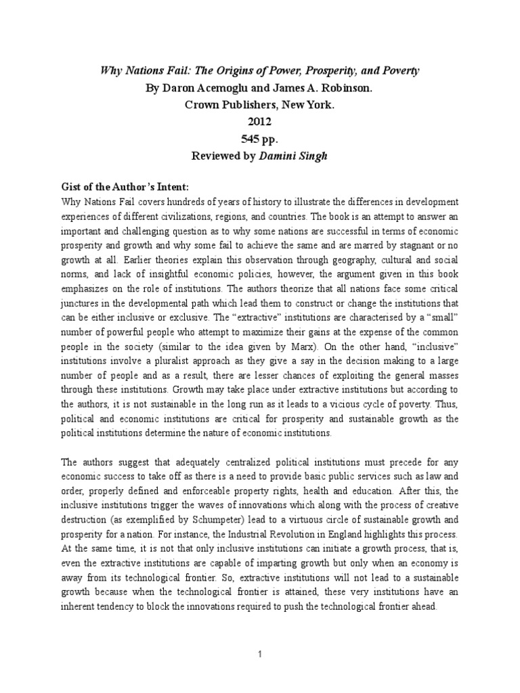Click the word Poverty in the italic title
397,71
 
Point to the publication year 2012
261,123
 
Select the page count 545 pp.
261,140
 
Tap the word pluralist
196,360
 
